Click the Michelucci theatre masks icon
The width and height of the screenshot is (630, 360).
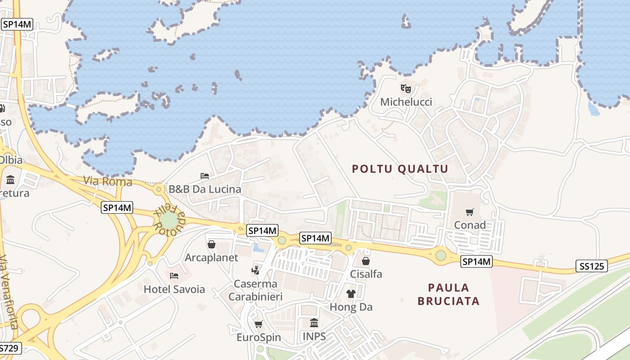(x=406, y=89)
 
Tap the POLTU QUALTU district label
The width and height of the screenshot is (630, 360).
(x=400, y=169)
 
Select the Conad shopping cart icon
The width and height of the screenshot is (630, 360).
(x=470, y=212)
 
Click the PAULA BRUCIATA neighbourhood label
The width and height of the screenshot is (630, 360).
(x=449, y=294)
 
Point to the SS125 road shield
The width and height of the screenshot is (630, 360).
(x=591, y=266)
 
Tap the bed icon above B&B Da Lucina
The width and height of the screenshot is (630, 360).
(x=205, y=175)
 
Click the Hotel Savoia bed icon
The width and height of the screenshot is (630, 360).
(x=174, y=275)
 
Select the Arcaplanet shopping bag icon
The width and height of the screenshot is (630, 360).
(x=211, y=244)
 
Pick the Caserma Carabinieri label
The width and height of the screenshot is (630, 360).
(x=256, y=290)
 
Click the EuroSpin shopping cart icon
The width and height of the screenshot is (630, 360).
(x=259, y=324)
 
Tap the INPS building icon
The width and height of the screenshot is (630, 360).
(x=314, y=323)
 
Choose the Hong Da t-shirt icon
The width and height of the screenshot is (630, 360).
(x=351, y=294)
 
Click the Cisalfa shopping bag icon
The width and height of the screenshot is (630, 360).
(x=366, y=261)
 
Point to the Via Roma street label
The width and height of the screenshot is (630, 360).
(x=108, y=181)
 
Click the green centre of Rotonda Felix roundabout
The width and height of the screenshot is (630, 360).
(x=168, y=220)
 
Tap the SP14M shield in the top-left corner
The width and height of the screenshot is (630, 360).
(x=18, y=24)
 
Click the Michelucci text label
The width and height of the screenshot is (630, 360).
(x=406, y=102)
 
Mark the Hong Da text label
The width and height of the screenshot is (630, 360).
(x=351, y=307)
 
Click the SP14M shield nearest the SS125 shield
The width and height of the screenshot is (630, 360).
(x=477, y=261)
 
